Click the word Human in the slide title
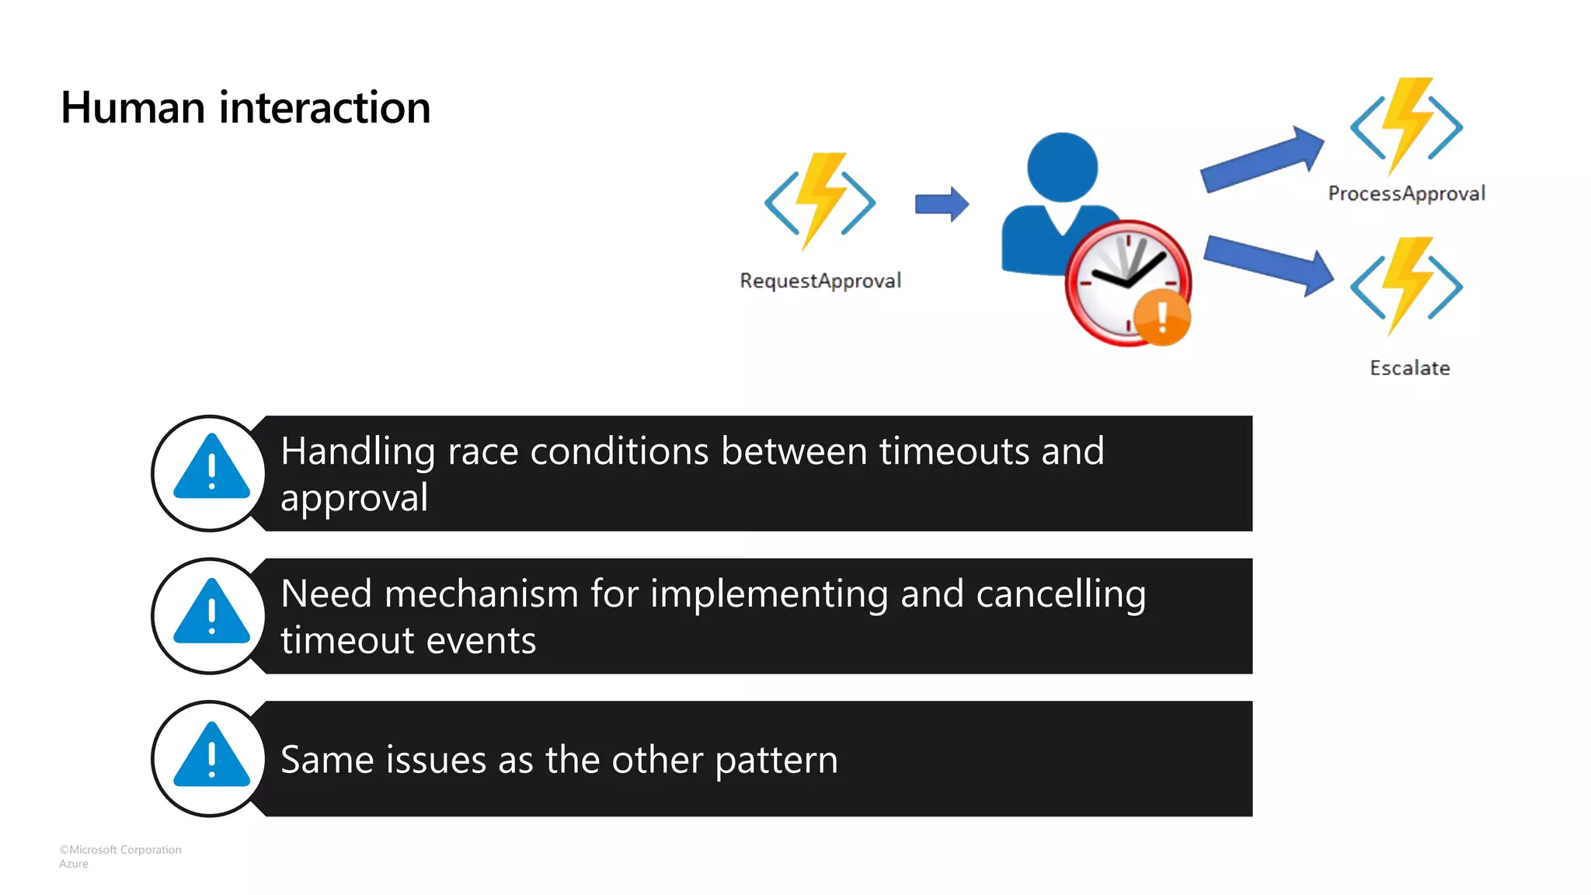134,108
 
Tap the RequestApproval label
820,280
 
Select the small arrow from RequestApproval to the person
942,204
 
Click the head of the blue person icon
1062,167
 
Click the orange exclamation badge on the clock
1162,318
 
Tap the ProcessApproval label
1406,193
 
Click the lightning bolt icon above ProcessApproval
1407,126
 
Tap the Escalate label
1409,368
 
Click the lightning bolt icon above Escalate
1407,286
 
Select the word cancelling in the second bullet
1060,595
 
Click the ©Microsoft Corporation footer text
120,850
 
